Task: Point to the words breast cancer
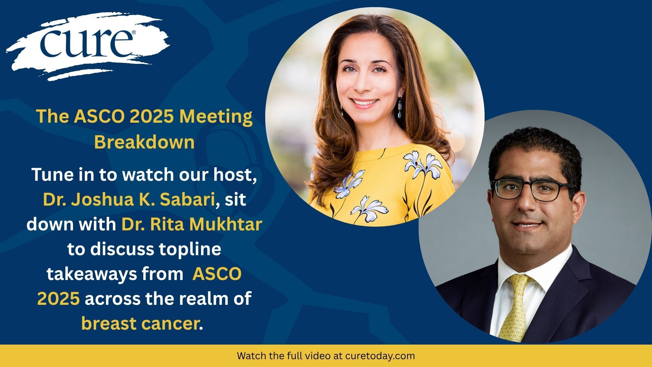(x=140, y=324)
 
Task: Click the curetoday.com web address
(x=380, y=356)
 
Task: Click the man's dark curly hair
(x=533, y=153)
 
